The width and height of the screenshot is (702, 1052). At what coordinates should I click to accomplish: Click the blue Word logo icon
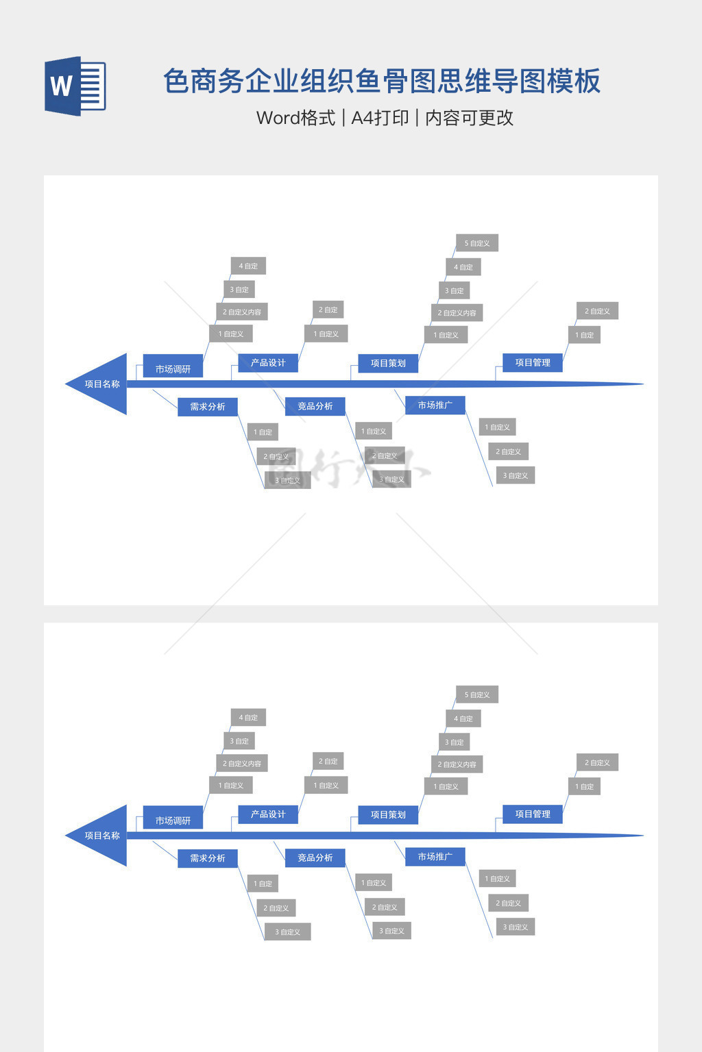(x=75, y=86)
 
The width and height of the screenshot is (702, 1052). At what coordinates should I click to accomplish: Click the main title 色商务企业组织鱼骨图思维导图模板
(x=381, y=81)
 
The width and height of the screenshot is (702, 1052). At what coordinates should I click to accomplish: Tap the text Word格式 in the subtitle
(x=295, y=118)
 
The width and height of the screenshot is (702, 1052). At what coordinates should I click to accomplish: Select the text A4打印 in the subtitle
(x=380, y=118)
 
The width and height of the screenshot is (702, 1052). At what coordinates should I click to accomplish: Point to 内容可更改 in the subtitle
(x=469, y=118)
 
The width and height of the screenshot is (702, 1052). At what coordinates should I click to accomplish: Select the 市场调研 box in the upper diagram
(x=173, y=369)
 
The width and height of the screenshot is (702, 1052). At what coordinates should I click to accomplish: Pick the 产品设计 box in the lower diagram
(x=268, y=814)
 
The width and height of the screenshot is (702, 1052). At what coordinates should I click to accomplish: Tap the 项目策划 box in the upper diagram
(x=388, y=363)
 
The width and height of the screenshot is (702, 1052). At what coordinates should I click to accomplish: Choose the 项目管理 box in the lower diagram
(x=533, y=814)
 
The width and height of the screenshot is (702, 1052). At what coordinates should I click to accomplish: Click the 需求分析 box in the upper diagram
(x=208, y=407)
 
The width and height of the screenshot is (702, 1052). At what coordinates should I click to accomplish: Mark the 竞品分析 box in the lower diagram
(x=315, y=857)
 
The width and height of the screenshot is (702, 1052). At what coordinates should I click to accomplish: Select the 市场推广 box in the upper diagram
(x=435, y=405)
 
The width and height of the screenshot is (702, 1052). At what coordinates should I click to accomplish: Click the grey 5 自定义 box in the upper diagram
(x=477, y=243)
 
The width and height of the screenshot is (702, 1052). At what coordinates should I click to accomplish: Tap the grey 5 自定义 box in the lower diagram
(x=477, y=694)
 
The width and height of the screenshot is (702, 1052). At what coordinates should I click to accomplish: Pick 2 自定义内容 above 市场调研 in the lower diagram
(x=242, y=763)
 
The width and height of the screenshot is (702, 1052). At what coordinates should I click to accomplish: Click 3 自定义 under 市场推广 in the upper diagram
(x=516, y=475)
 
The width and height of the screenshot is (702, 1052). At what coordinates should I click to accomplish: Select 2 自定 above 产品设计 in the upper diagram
(x=328, y=310)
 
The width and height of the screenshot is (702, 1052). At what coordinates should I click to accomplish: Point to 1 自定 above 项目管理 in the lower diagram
(x=585, y=786)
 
